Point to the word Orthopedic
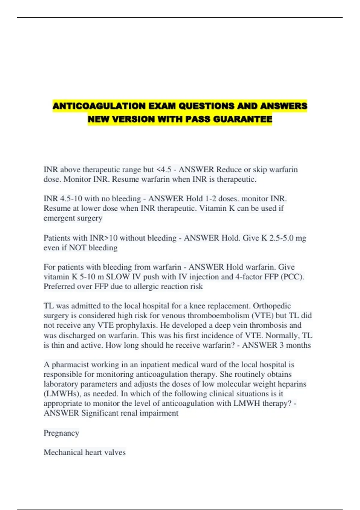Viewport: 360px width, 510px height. pyautogui.click(x=272, y=306)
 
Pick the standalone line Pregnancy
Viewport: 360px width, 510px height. pyautogui.click(x=61, y=433)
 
